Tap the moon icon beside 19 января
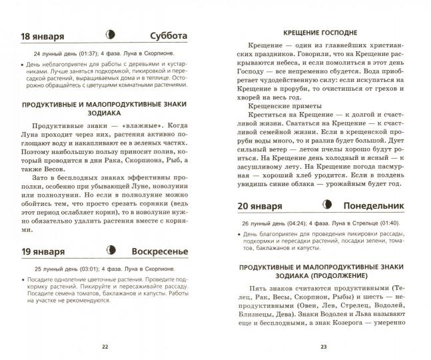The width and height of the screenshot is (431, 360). coord(111,251)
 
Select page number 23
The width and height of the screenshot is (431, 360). coord(324,346)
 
